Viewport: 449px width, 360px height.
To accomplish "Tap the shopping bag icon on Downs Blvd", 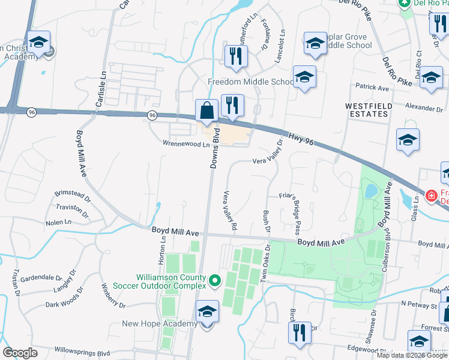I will tap(206, 111).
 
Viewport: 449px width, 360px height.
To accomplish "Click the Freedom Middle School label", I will tap(251, 82).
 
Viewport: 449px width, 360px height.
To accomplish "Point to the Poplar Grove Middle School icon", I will tap(315, 43).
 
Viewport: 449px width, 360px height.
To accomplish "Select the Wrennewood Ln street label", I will tap(186, 144).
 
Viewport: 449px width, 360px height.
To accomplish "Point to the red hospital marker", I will tap(431, 196).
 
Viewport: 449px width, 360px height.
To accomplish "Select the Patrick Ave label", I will tap(372, 88).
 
